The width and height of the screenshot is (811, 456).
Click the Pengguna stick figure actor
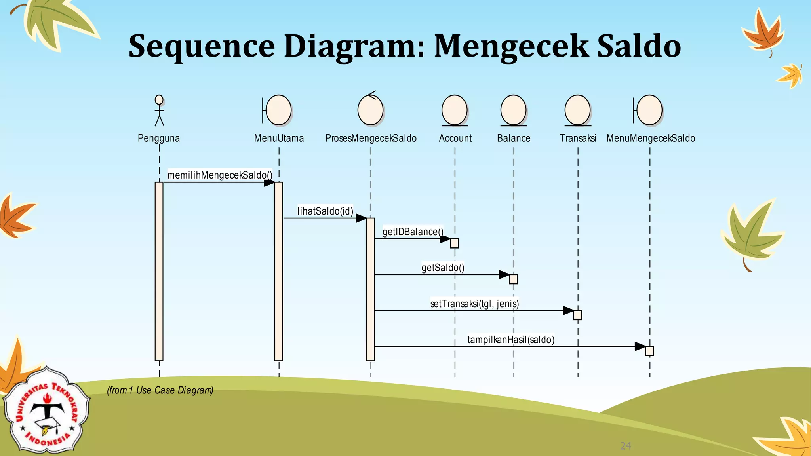(159, 110)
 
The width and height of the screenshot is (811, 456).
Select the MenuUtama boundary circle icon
(278, 110)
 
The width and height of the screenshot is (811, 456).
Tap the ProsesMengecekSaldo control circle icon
(370, 110)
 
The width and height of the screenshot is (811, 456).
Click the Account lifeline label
(455, 138)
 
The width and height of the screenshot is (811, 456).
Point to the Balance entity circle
(513, 110)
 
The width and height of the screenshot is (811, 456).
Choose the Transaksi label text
(577, 138)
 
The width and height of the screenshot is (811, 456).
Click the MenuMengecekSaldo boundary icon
(649, 110)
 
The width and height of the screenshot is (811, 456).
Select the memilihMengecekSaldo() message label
(220, 175)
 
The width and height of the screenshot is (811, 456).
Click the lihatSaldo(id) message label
(325, 211)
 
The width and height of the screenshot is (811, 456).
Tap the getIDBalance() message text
(413, 232)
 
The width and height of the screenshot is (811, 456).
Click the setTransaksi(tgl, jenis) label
(474, 304)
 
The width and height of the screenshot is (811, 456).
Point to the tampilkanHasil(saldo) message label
(511, 340)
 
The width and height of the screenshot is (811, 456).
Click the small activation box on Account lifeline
(455, 243)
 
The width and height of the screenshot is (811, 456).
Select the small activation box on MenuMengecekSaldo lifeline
(649, 351)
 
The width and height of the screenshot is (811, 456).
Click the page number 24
(625, 446)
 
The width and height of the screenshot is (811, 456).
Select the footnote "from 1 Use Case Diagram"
(160, 390)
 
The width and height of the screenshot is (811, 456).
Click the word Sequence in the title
(202, 46)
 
